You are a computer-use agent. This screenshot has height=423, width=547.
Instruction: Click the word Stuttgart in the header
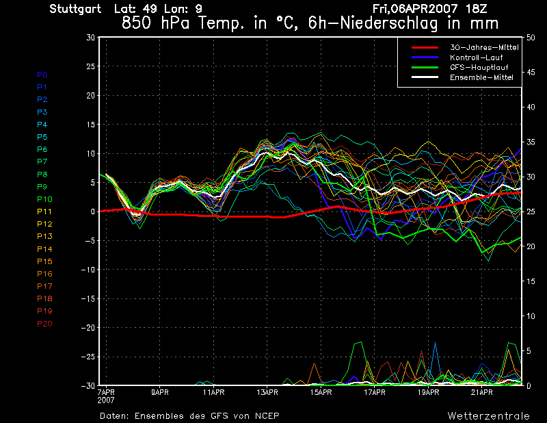point(75,9)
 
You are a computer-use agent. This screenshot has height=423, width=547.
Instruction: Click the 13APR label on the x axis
point(267,393)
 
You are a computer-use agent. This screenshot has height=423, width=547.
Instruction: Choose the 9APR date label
point(160,393)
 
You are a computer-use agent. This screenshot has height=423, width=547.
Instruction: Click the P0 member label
point(42,75)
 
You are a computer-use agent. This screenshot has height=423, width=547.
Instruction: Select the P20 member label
point(44,323)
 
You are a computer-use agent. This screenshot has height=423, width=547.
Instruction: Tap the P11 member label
point(44,211)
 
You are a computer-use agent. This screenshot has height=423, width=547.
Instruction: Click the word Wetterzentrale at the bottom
point(488,416)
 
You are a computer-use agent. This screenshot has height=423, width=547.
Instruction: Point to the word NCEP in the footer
point(265,416)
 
